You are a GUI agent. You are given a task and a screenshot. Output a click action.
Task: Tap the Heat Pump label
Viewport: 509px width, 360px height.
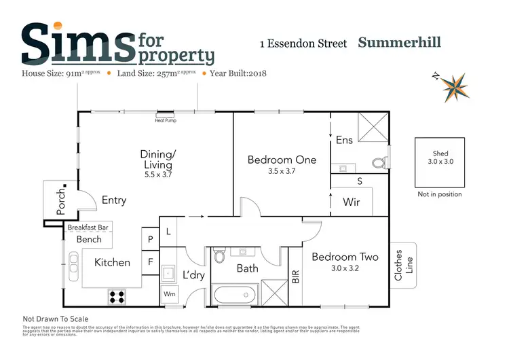point(166,120)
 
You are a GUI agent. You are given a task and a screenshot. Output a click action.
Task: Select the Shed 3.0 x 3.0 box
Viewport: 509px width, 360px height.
point(440,162)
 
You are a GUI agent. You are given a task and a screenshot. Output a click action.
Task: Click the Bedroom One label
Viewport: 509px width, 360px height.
point(282,160)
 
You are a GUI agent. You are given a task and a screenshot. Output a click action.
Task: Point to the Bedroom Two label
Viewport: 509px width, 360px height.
point(344,257)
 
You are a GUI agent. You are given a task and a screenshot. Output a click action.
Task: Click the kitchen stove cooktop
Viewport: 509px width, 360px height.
point(117,296)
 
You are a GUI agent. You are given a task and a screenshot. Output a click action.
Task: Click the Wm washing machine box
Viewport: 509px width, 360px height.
point(168,295)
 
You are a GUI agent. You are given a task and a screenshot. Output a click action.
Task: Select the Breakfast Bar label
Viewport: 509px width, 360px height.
point(88,228)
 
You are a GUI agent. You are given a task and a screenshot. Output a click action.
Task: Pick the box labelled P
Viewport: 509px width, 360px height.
point(150,238)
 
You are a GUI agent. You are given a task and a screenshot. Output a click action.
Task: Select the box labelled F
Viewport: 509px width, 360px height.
point(150,260)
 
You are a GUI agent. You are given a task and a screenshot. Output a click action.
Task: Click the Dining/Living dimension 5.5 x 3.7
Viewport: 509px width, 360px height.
point(157,175)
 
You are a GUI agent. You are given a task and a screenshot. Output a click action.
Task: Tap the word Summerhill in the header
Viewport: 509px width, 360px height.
point(399,43)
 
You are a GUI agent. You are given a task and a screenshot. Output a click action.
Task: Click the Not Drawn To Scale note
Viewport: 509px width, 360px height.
point(56,319)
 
